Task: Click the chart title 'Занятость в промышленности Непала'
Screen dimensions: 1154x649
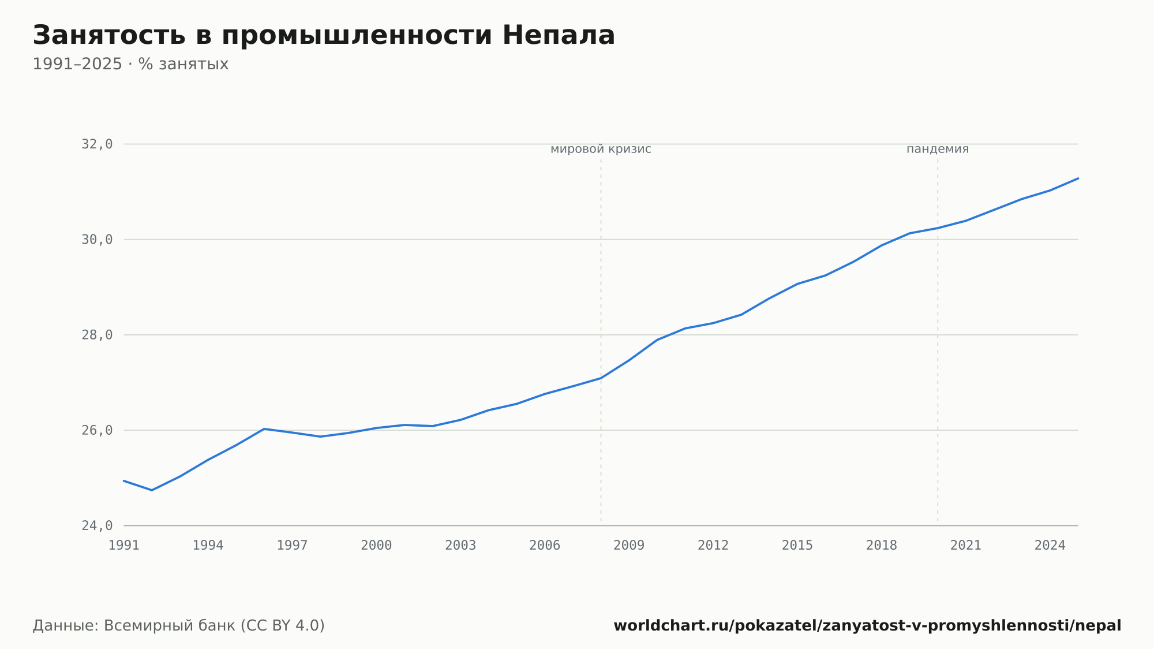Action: (324, 36)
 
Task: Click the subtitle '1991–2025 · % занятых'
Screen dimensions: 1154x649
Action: (130, 64)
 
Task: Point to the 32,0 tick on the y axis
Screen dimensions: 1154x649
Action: (97, 144)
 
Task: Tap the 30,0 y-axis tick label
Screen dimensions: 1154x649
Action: (97, 240)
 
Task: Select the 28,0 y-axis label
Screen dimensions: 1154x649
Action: (97, 335)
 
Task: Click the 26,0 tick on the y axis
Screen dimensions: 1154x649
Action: (97, 430)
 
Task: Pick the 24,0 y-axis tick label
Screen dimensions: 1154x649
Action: (97, 525)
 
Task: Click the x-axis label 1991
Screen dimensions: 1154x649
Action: (124, 546)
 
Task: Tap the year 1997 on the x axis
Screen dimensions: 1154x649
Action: (292, 546)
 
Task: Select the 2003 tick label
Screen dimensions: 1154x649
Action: (460, 546)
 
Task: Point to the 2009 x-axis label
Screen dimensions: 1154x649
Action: (629, 546)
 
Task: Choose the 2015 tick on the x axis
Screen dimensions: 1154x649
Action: (797, 546)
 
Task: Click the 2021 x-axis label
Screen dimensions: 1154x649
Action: (966, 546)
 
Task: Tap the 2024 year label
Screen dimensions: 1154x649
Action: (1050, 546)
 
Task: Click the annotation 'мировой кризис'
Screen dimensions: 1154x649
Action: (601, 150)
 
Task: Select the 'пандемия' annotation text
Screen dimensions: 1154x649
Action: (938, 150)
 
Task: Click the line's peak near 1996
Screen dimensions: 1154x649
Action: (264, 429)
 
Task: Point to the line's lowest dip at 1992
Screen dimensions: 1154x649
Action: (152, 490)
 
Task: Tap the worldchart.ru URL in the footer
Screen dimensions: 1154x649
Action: (867, 626)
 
